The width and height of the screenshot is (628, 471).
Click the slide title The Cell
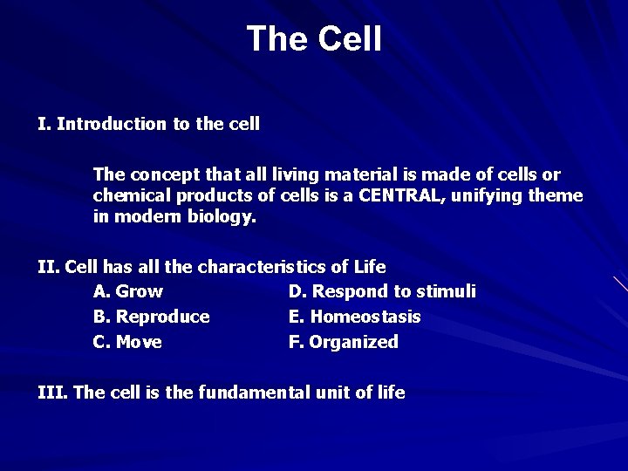pyautogui.click(x=314, y=39)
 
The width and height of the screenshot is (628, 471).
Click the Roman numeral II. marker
pyautogui.click(x=49, y=265)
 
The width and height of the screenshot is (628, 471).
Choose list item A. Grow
pyautogui.click(x=127, y=290)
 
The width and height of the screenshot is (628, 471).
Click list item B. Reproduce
pyautogui.click(x=151, y=316)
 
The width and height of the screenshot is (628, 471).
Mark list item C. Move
pyautogui.click(x=127, y=342)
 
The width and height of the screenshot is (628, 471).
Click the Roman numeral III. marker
pyautogui.click(x=53, y=392)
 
